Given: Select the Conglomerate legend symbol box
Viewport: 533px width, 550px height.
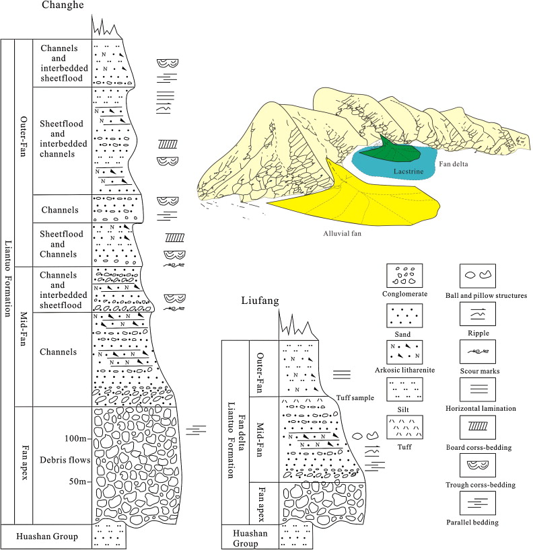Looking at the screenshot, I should (404, 276).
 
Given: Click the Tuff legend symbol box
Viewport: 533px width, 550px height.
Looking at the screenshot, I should (404, 428).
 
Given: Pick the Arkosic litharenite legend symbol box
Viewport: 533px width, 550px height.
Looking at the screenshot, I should (404, 352).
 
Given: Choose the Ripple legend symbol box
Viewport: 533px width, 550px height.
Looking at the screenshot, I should (477, 313).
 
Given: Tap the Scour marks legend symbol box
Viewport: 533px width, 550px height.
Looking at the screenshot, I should (477, 352).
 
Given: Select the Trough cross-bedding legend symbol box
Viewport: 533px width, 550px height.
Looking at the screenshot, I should (477, 466).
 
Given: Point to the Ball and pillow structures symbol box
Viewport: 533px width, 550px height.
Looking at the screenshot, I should (477, 276).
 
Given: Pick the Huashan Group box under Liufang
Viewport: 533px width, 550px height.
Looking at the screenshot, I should (240, 537).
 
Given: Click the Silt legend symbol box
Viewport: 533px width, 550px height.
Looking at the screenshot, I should (404, 390).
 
